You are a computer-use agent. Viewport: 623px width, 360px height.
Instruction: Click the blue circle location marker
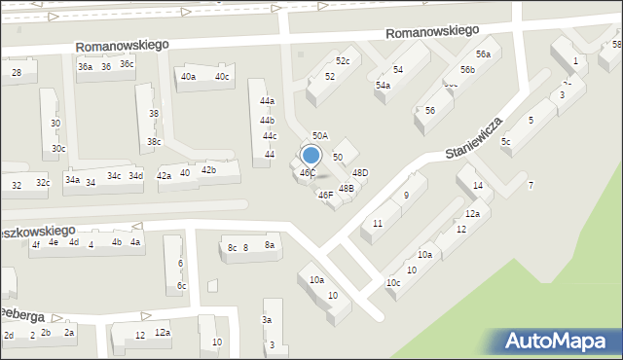(x=311, y=155)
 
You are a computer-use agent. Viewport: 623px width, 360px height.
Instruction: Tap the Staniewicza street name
(x=474, y=139)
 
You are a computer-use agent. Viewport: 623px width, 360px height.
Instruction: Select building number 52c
(x=343, y=61)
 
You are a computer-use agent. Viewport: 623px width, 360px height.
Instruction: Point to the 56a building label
(x=483, y=54)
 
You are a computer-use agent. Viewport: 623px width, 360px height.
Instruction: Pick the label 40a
(x=188, y=77)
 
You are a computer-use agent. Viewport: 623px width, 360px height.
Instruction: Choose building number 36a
(x=86, y=67)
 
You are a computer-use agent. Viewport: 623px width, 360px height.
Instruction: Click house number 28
(x=17, y=73)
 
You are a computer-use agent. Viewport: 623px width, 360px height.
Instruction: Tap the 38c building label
(x=154, y=142)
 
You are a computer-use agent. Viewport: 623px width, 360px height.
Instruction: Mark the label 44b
(x=267, y=120)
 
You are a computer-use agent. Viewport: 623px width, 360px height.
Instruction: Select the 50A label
(x=319, y=136)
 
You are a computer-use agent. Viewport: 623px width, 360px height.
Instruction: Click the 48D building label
(x=360, y=173)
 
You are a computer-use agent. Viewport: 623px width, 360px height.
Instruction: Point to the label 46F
(x=326, y=195)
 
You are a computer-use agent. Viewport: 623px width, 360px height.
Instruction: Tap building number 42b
(x=208, y=170)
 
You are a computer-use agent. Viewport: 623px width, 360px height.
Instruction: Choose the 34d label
(x=136, y=176)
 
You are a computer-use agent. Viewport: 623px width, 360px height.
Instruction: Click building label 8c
(x=232, y=248)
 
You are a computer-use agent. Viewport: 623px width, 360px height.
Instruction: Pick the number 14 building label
(x=477, y=186)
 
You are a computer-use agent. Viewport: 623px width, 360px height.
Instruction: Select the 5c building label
(x=505, y=142)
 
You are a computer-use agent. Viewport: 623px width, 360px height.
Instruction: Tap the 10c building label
(x=392, y=283)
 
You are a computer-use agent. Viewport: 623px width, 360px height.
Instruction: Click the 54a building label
(x=384, y=86)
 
